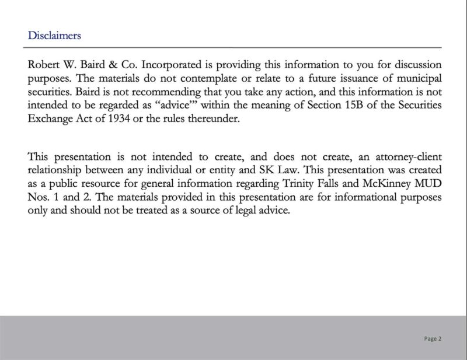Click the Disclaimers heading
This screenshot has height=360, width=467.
(x=54, y=35)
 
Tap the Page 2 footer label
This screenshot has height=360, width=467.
(x=433, y=338)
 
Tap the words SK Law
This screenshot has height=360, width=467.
(x=270, y=172)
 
